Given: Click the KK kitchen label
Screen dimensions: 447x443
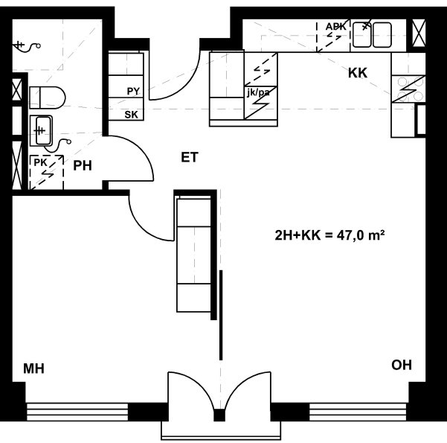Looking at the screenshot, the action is click(x=358, y=73).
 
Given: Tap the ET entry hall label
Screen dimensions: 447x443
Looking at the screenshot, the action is click(x=190, y=158).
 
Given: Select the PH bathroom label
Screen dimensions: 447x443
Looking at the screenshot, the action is click(x=83, y=165).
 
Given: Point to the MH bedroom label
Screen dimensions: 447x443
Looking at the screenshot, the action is click(x=33, y=369).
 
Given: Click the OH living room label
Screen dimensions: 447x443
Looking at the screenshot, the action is click(x=402, y=365).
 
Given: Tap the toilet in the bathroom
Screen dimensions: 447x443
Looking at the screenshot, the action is click(x=48, y=98).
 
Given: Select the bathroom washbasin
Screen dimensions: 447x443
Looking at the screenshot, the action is click(x=42, y=130).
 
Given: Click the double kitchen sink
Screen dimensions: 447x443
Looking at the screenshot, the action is click(x=372, y=35).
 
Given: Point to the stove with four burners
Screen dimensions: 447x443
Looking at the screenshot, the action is click(x=408, y=89).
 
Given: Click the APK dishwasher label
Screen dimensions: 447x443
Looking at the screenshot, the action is click(x=336, y=27).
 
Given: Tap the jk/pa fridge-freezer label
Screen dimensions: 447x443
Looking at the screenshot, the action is click(x=258, y=92).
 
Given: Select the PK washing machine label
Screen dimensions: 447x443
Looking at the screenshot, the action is click(x=40, y=163).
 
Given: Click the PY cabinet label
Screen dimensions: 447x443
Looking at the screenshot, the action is click(x=133, y=92).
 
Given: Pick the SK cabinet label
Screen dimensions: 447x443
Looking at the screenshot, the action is click(x=131, y=115).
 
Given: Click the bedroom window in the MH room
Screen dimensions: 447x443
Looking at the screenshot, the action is click(x=77, y=412).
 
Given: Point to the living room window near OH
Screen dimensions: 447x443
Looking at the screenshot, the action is click(x=358, y=412).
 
